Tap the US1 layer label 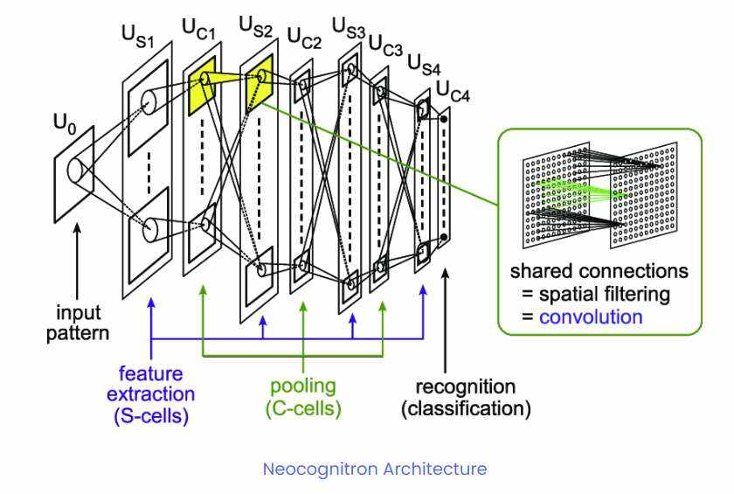click(137, 37)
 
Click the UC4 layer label click(453, 90)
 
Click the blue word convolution click(591, 316)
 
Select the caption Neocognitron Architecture click(375, 469)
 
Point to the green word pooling click(301, 386)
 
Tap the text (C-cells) click(301, 407)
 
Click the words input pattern click(80, 323)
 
